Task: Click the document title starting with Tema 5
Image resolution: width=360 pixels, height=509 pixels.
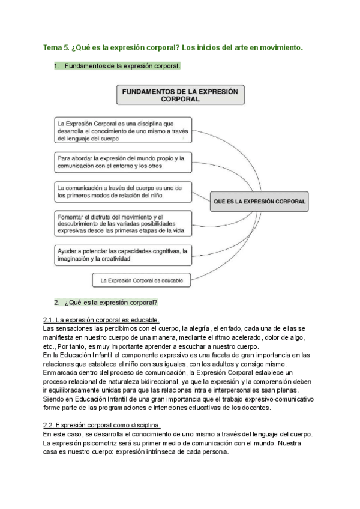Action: tap(173, 46)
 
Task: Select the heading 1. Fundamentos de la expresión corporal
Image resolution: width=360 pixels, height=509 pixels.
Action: tap(117, 66)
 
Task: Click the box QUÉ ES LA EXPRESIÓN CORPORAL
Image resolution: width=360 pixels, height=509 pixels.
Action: tap(259, 202)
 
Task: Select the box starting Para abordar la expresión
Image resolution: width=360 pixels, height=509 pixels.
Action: tap(122, 161)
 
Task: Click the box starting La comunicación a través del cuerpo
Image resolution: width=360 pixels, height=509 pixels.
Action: tap(122, 191)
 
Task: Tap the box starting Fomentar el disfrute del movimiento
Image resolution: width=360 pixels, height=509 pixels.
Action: tap(122, 223)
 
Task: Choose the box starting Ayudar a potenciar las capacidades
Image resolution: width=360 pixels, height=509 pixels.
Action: tap(122, 255)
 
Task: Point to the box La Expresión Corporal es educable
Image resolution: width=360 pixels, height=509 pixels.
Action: tap(142, 280)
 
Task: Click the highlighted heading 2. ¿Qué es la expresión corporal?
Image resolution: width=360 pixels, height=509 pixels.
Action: tap(106, 301)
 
